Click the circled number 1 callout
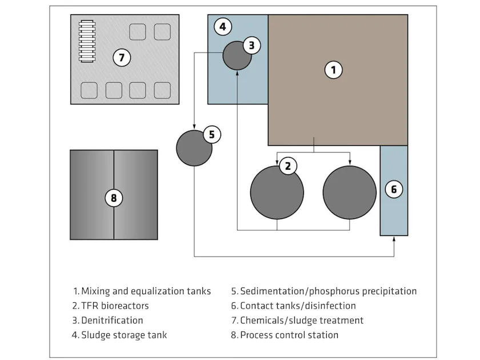click(333, 70)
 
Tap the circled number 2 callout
click(287, 166)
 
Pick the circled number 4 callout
click(223, 26)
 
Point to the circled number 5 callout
click(211, 134)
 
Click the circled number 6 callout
click(394, 189)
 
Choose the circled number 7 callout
click(121, 57)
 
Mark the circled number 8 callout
click(113, 198)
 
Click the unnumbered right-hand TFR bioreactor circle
click(349, 193)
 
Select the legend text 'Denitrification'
click(112, 320)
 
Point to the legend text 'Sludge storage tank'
click(124, 335)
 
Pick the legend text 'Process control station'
click(289, 335)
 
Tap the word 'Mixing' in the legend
click(95, 291)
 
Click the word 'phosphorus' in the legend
click(323, 291)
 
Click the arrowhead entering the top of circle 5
click(194, 127)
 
